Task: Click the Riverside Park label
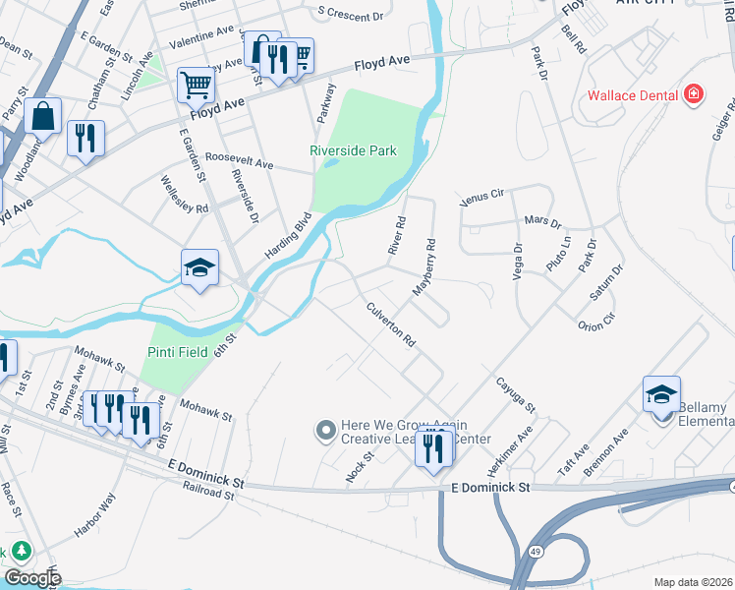353,150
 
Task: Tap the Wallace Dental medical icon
695,94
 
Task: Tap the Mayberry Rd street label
424,267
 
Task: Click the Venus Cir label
481,198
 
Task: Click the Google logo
32,578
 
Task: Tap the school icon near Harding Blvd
198,267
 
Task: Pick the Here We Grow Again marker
325,430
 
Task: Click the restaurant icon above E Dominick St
432,447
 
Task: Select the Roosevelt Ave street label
239,160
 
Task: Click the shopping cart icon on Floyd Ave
196,86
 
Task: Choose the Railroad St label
207,496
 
